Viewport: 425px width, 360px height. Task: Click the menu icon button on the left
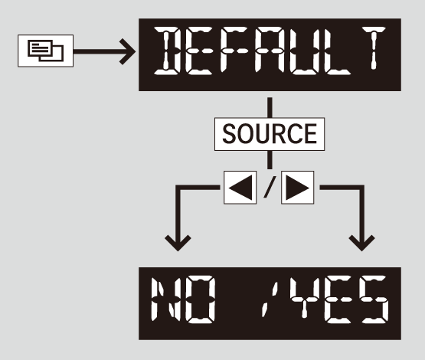click(45, 51)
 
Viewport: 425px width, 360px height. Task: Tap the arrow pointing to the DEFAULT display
click(104, 51)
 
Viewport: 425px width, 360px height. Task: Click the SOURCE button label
click(270, 134)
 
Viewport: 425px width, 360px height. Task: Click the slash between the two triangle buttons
click(270, 187)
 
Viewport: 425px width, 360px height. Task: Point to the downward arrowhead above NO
click(178, 243)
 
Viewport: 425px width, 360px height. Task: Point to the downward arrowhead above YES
click(362, 243)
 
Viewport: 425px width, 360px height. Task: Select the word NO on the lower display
click(183, 299)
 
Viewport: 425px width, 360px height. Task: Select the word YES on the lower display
click(338, 299)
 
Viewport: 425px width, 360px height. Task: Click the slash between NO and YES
click(270, 299)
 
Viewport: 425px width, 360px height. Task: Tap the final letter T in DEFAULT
click(374, 48)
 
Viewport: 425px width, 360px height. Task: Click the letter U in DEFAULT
click(303, 51)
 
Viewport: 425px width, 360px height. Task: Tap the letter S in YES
click(375, 299)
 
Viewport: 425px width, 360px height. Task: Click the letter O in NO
click(201, 299)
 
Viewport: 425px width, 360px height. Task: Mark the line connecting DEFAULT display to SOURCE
click(270, 107)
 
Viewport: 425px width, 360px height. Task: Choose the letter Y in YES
click(303, 297)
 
